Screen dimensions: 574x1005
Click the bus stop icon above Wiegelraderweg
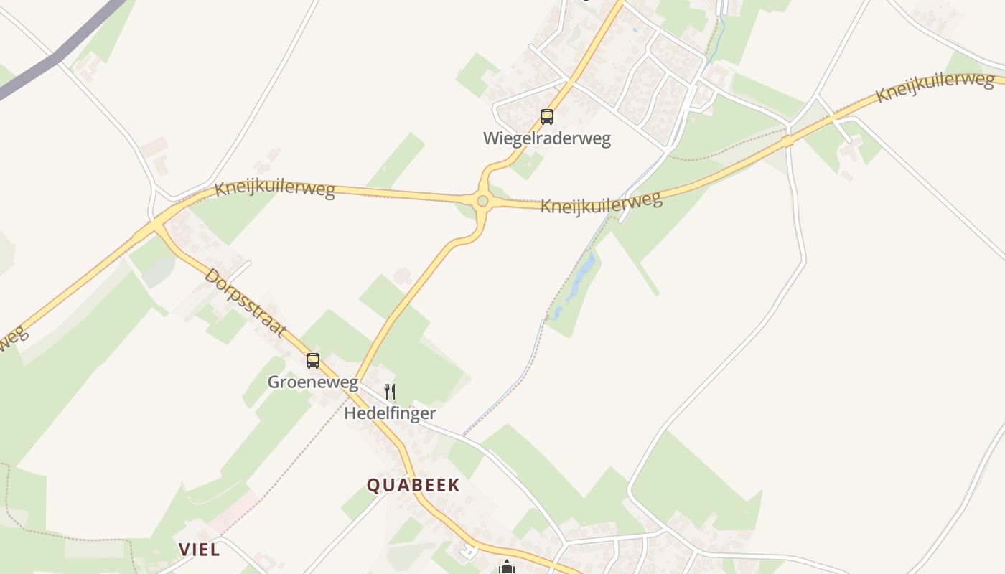(x=547, y=116)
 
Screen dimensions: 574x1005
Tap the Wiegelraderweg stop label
(x=547, y=138)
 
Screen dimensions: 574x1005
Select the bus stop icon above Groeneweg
(x=313, y=360)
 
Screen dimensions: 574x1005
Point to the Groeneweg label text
(x=313, y=382)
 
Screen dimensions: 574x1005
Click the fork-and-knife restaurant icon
(x=390, y=392)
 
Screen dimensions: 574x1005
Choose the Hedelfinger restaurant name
(x=390, y=413)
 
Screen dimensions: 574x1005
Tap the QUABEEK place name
(x=413, y=485)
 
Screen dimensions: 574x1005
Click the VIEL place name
(x=199, y=550)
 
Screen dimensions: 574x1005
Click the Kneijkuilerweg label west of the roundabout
(x=275, y=189)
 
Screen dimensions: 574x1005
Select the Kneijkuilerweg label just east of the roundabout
(x=601, y=202)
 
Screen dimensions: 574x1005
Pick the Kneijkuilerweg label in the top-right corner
(x=935, y=86)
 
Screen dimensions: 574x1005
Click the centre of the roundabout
(x=482, y=202)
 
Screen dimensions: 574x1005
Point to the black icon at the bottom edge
(x=507, y=568)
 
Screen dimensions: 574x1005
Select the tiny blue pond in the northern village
(x=635, y=31)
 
